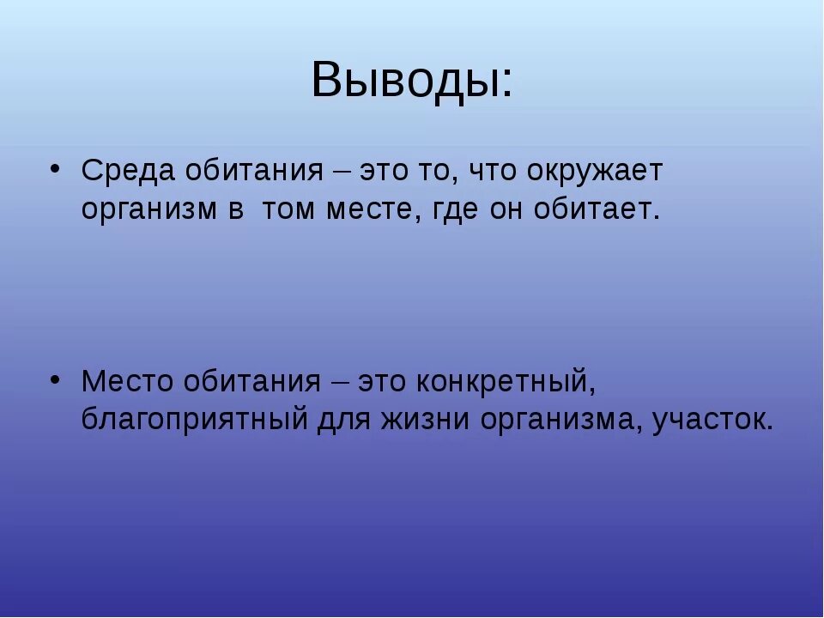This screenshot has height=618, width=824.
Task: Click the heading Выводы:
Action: pos(412,81)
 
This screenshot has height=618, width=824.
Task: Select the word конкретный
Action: pos(507,380)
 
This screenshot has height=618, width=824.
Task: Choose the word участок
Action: pos(714,421)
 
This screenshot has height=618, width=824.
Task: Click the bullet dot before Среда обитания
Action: pos(54,166)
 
